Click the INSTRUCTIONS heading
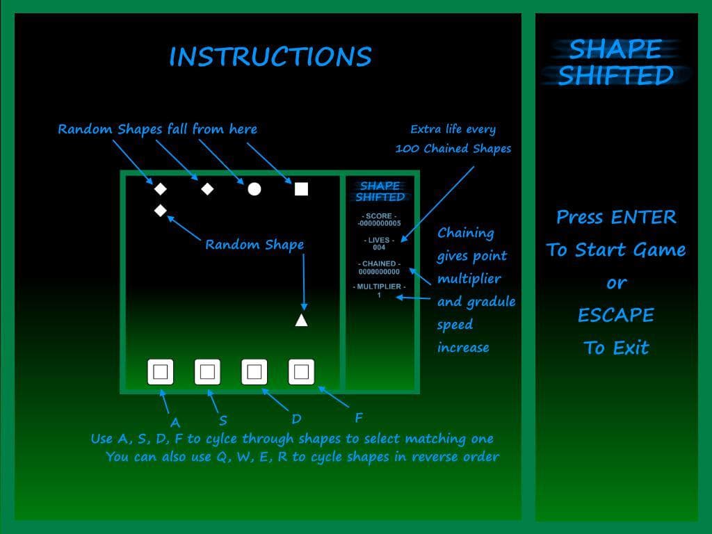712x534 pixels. pos(270,56)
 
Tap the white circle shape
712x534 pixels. pos(254,189)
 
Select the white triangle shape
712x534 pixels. pos(302,321)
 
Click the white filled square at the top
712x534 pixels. pos(302,189)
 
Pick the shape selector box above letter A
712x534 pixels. pos(161,372)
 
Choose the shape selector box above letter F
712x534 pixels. pos(302,372)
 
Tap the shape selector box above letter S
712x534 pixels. pos(207,372)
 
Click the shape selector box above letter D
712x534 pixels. pos(254,372)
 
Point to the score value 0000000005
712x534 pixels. pos(379,223)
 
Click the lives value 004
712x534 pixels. pos(379,248)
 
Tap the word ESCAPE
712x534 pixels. pos(616,315)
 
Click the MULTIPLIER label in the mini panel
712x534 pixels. pos(379,287)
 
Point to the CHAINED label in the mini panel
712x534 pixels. pos(379,264)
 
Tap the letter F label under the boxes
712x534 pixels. pos(359,418)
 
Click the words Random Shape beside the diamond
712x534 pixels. pos(254,245)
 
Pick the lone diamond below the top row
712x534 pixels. pos(161,211)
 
